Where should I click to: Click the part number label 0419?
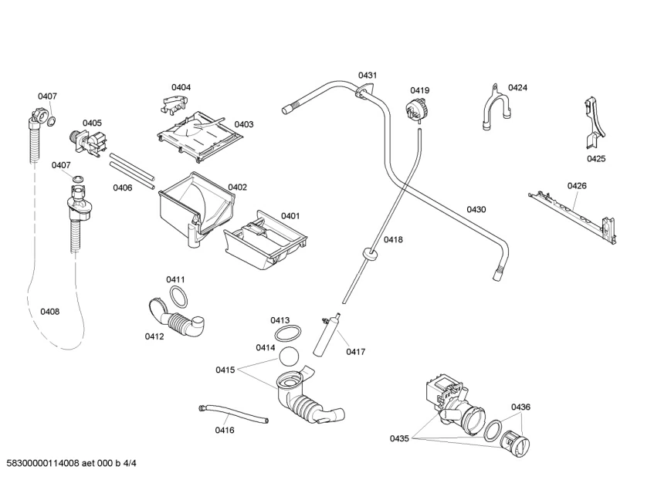(x=420, y=90)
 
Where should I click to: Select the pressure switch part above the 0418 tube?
(x=418, y=111)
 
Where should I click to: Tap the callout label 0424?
(x=517, y=88)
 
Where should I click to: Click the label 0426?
(x=577, y=185)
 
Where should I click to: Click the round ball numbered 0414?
(x=287, y=357)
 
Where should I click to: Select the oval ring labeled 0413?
(x=287, y=333)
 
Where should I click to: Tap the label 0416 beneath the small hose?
(x=225, y=430)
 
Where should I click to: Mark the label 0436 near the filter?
(x=520, y=407)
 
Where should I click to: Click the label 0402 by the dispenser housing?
(x=237, y=187)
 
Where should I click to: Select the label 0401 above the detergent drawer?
(x=290, y=216)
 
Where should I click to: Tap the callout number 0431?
(x=368, y=75)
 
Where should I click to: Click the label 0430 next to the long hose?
(x=476, y=209)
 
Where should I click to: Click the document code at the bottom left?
(x=70, y=463)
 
